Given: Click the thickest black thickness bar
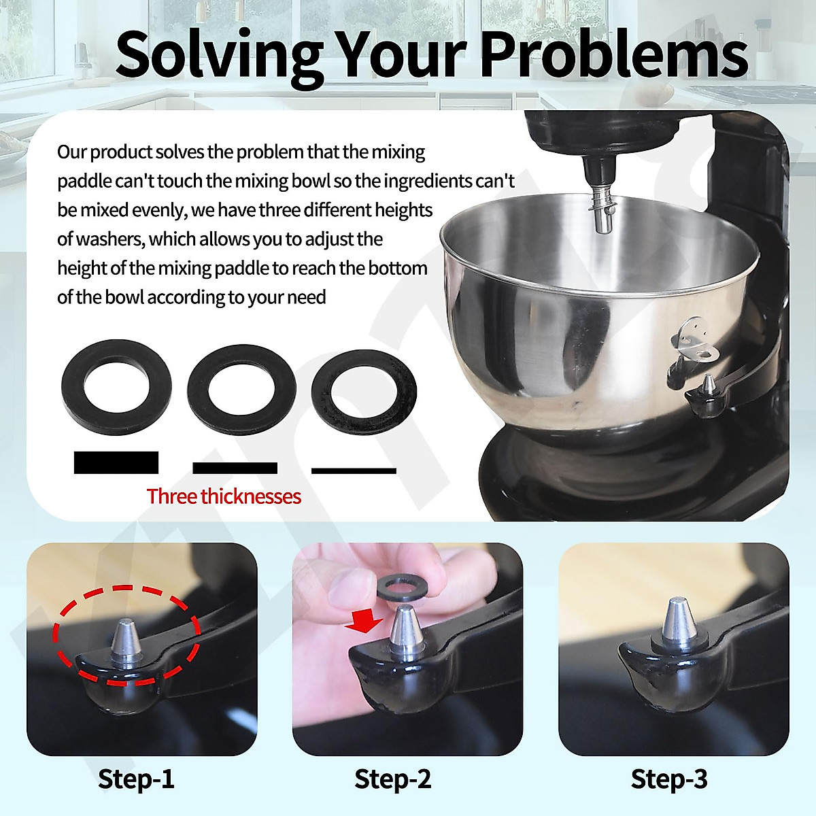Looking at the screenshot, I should pyautogui.click(x=116, y=462).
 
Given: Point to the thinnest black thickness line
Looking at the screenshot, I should pyautogui.click(x=354, y=471).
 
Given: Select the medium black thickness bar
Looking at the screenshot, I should pyautogui.click(x=235, y=468).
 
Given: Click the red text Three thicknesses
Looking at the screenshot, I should pyautogui.click(x=224, y=496).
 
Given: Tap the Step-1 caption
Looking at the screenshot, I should pyautogui.click(x=136, y=779).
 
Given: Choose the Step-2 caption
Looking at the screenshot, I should pyautogui.click(x=392, y=779).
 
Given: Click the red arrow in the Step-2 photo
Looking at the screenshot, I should pyautogui.click(x=362, y=621).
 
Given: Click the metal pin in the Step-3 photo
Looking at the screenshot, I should pyautogui.click(x=677, y=620).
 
